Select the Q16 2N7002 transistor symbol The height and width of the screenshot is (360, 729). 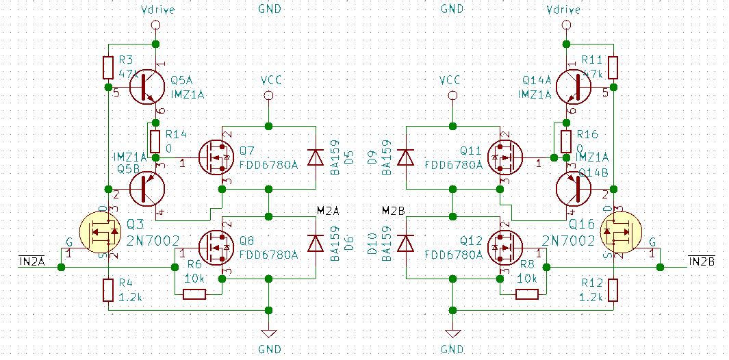click(x=619, y=232)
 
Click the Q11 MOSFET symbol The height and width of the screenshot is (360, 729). click(x=505, y=157)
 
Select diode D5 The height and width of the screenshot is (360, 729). click(x=315, y=157)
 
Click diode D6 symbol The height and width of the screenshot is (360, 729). click(x=315, y=243)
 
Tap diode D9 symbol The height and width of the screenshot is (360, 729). click(x=406, y=157)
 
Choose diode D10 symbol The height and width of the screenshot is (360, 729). click(x=406, y=243)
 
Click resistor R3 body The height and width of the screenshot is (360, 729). click(x=108, y=68)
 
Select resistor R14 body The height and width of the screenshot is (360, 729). click(x=155, y=141)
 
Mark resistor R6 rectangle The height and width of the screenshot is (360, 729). click(x=194, y=294)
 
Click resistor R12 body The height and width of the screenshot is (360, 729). click(x=613, y=290)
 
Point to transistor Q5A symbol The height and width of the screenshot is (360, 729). click(x=148, y=86)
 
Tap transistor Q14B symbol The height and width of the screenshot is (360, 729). click(x=574, y=188)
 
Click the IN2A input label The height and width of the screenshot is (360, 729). click(x=31, y=261)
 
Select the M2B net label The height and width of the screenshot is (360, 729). click(x=393, y=209)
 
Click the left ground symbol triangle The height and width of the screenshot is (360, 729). click(x=269, y=334)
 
